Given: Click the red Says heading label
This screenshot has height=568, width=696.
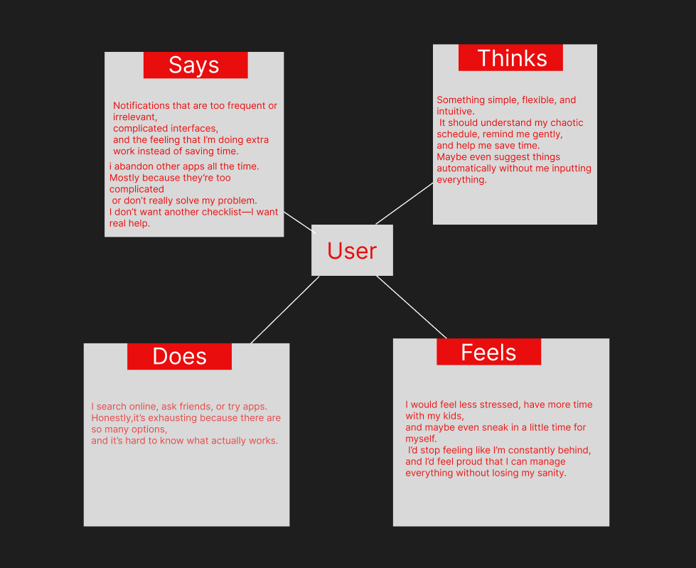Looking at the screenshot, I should pyautogui.click(x=195, y=65).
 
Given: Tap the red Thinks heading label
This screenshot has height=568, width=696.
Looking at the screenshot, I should pyautogui.click(x=511, y=58).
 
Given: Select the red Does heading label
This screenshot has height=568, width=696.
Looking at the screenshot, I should pyautogui.click(x=179, y=356).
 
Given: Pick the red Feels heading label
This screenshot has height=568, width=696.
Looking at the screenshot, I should pyautogui.click(x=488, y=352).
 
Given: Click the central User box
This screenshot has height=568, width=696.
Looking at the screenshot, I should pyautogui.click(x=352, y=250).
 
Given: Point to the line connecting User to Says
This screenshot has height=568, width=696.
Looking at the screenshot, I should pyautogui.click(x=299, y=221).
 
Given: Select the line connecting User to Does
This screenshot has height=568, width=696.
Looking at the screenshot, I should pyautogui.click(x=284, y=310).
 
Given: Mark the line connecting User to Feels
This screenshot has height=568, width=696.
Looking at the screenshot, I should pyautogui.click(x=411, y=306).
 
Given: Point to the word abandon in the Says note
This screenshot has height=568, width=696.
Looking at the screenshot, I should pyautogui.click(x=133, y=166).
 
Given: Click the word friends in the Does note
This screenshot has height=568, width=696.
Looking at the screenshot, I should pyautogui.click(x=196, y=407).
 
